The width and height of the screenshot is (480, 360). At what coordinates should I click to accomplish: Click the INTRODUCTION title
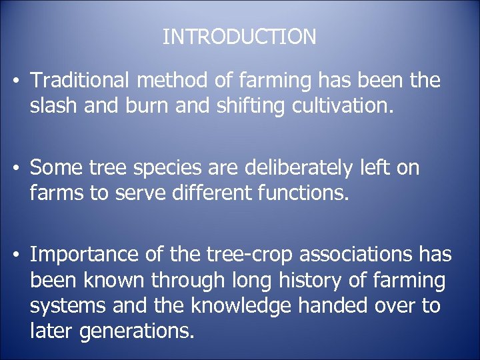[239, 37]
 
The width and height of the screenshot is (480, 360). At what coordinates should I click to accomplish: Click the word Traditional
[83, 81]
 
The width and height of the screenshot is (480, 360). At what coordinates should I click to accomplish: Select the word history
[314, 280]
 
